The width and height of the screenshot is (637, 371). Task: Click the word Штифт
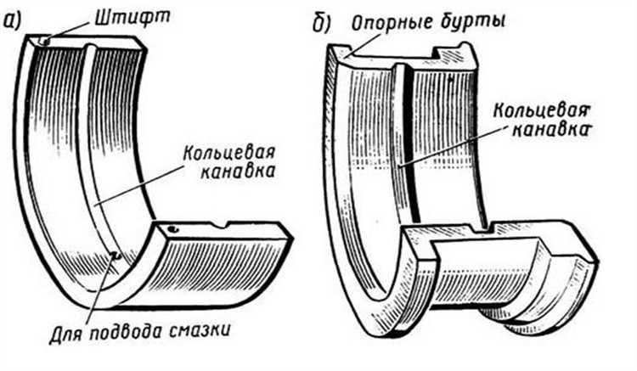point(132,18)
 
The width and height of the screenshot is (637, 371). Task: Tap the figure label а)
point(10,21)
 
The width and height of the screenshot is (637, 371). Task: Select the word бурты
point(473,20)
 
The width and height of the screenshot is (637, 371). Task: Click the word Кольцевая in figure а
point(229,154)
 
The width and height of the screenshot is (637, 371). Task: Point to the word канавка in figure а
point(238,171)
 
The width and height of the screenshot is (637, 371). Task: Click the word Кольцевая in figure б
point(542,110)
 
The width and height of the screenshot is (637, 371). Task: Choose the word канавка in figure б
point(550,130)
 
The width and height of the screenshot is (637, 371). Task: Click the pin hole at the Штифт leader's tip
point(46,41)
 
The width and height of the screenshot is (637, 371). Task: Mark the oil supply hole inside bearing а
point(116,256)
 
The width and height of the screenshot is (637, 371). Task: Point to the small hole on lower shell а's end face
point(173,230)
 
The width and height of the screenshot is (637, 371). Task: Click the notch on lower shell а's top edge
point(221,224)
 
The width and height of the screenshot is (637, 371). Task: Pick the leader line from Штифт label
point(69,31)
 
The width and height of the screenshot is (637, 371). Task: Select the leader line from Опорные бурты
point(363,45)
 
